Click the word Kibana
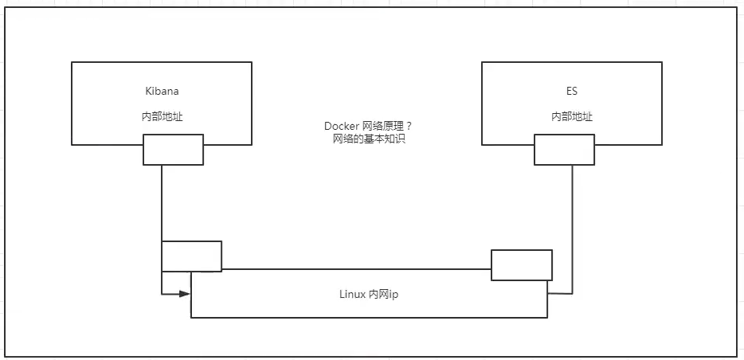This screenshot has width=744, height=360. click(x=162, y=91)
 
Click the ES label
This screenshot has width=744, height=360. click(x=572, y=91)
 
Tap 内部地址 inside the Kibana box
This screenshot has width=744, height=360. click(x=162, y=116)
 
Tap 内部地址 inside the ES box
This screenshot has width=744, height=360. click(x=572, y=116)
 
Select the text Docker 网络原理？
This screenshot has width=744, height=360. click(x=368, y=127)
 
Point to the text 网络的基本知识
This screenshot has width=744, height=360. click(x=368, y=139)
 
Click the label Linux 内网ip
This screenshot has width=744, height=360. click(x=368, y=293)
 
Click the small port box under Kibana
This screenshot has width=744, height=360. click(x=173, y=150)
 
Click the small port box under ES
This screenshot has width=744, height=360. click(x=564, y=150)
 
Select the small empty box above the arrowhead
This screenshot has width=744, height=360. click(x=191, y=256)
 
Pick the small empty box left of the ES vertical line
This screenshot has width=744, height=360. click(x=522, y=264)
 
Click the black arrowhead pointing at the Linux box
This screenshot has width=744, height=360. click(x=185, y=294)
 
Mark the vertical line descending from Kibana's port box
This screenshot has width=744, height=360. click(x=162, y=203)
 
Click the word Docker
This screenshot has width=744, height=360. click(x=341, y=127)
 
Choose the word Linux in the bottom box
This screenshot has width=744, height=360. click(x=352, y=293)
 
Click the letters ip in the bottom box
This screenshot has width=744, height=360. click(x=393, y=293)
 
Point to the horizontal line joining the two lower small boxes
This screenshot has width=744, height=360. click(x=356, y=269)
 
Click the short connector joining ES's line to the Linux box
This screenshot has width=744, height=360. click(x=560, y=294)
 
